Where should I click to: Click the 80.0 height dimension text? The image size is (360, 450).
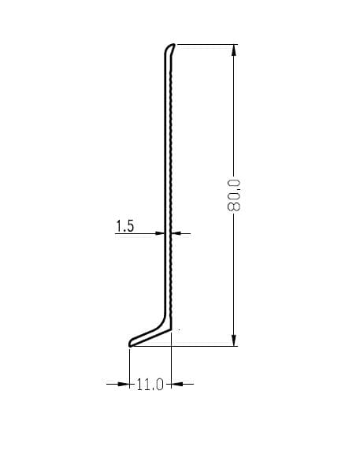233,195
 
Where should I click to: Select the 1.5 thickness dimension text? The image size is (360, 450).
124,226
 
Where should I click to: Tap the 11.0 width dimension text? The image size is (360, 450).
150,385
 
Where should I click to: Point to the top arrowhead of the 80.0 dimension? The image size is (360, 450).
234,50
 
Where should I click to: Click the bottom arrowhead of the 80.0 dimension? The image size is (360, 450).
234,340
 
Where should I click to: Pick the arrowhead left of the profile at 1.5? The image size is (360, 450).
159,233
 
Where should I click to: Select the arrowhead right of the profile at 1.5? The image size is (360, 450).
176,233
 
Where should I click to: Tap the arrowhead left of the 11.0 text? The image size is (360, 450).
124,384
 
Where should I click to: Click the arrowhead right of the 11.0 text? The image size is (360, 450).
177,384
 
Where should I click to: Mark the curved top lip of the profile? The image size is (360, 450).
169,47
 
